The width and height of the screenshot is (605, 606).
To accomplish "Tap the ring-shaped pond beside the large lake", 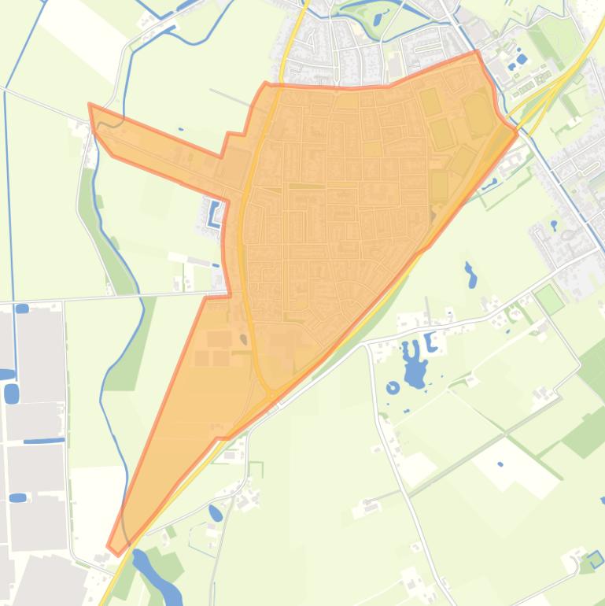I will click(393, 387).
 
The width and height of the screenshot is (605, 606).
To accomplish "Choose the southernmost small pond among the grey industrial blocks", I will click(17, 497).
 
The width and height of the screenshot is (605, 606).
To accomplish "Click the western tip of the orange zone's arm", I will click(90, 105).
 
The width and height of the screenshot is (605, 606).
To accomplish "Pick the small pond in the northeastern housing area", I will click(554, 224).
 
